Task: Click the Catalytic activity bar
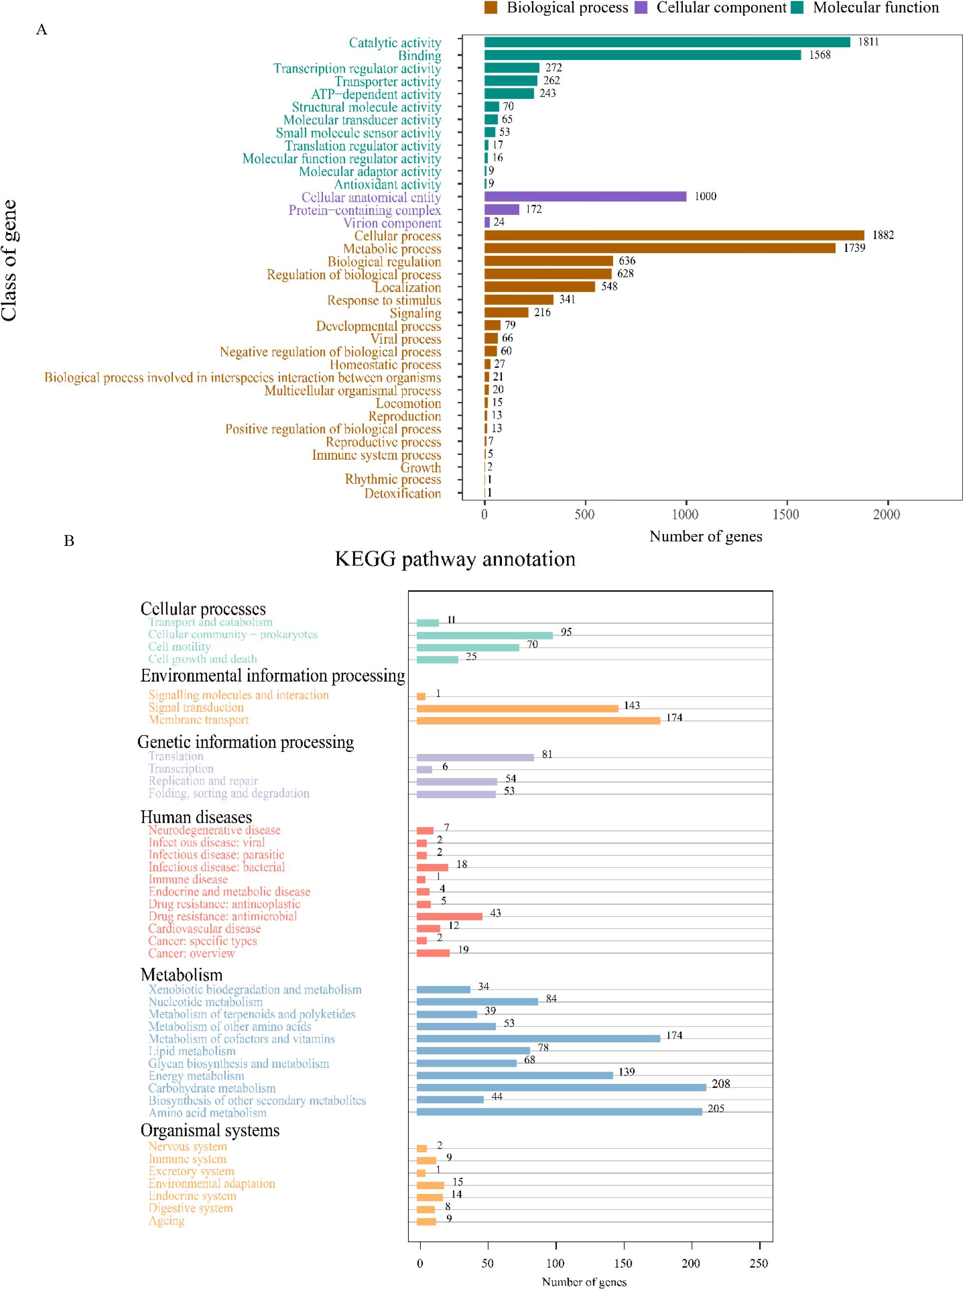pos(667,42)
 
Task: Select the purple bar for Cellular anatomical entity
pos(585,197)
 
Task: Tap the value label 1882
pos(882,235)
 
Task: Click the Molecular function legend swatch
pos(797,7)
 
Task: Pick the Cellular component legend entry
pos(721,7)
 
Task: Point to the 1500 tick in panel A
pos(786,514)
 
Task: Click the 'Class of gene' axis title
pos(9,261)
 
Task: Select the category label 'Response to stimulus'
pos(384,300)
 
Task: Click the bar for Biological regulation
pos(548,261)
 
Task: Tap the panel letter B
pos(69,541)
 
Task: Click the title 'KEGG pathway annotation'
pos(455,559)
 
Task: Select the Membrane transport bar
pos(538,721)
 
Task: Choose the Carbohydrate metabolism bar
pos(560,1087)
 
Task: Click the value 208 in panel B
pos(721,1084)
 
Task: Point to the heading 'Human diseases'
pos(196,817)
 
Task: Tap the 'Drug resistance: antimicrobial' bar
pos(449,916)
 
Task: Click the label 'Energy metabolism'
pos(196,1076)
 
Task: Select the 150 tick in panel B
pos(623,1263)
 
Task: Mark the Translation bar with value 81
pos(475,757)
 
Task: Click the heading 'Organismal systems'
pos(210,1131)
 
